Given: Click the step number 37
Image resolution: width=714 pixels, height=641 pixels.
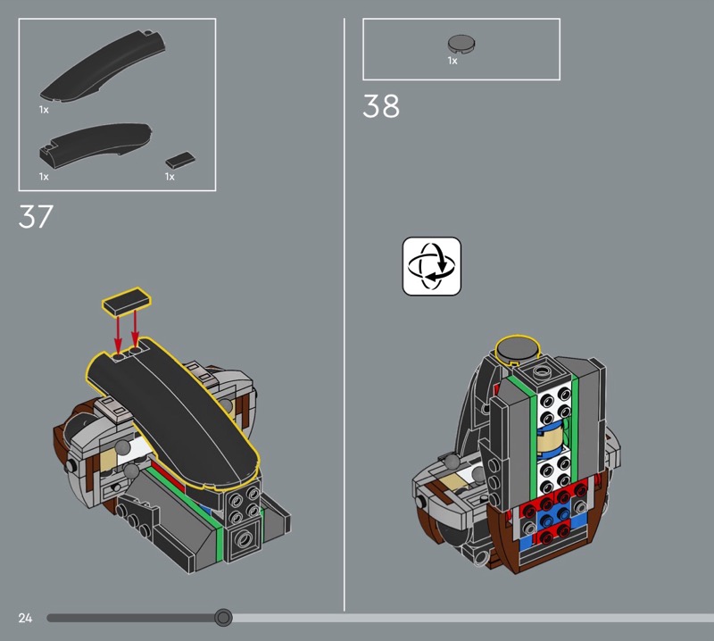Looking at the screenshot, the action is [36, 216].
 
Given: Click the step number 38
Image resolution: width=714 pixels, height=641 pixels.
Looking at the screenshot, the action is [381, 106].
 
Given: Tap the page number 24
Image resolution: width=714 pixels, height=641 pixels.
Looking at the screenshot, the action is [26, 618].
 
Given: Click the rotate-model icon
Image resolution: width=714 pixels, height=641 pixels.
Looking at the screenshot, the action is [432, 266].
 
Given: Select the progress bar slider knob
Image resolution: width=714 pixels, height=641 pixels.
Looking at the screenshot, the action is [223, 618].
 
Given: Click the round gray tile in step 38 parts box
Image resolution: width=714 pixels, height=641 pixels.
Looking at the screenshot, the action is [461, 43].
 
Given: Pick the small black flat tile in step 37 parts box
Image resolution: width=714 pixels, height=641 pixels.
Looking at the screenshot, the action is [180, 160].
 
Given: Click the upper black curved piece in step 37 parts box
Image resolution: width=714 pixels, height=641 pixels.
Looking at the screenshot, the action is [103, 66].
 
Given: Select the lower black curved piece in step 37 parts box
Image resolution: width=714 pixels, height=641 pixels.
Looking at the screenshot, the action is [95, 144].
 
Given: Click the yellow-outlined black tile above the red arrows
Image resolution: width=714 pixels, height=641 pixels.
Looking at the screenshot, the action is [127, 301].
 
